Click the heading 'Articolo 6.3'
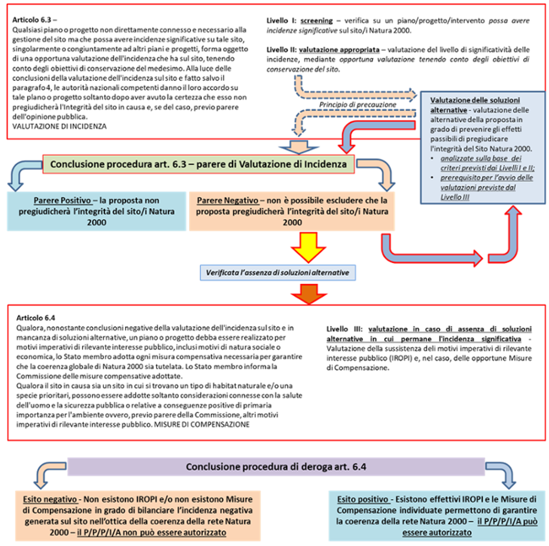[32, 20]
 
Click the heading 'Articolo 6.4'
[36, 318]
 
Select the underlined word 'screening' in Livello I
[316, 21]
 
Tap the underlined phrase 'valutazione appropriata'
[339, 50]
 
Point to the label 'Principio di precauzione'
[357, 105]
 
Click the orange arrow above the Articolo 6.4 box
[309, 294]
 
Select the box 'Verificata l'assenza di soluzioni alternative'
[278, 273]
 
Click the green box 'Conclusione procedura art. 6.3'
[198, 164]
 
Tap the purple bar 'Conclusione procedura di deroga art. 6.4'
[276, 467]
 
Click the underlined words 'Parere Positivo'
[62, 200]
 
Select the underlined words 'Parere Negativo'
[228, 200]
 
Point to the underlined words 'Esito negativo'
[50, 499]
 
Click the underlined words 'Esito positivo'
[363, 499]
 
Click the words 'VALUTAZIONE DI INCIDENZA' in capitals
[59, 126]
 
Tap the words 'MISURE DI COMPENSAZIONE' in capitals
[202, 424]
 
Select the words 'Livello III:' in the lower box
[344, 329]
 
